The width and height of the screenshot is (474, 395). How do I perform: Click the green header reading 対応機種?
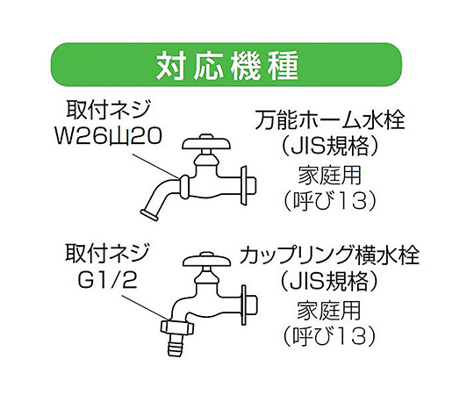point(226,64)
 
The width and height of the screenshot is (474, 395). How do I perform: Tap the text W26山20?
point(107,136)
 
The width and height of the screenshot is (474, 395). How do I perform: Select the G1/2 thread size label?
point(108,280)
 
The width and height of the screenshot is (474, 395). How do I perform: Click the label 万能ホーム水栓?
point(329,120)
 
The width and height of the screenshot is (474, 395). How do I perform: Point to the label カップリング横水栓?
point(329,256)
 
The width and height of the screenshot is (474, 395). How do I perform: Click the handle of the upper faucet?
point(207,143)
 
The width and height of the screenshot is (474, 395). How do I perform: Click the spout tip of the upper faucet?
point(149,213)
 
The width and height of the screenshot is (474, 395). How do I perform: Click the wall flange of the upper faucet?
point(244,184)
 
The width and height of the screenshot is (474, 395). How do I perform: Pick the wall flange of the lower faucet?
point(244,305)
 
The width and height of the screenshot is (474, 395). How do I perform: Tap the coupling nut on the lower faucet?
point(177,327)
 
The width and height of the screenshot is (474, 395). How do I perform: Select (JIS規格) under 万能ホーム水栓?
point(329,147)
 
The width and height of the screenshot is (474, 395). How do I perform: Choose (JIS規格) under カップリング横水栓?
point(329,282)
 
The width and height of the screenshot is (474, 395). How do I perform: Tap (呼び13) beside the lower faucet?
point(329,336)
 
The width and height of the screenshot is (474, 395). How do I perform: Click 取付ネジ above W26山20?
point(108,111)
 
